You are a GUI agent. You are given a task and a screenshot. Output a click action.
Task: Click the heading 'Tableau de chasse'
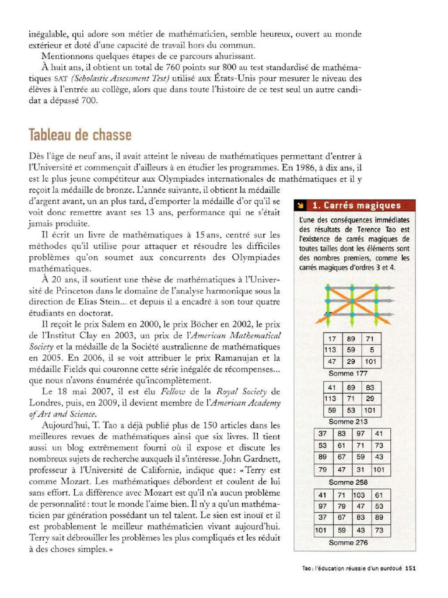[80, 135]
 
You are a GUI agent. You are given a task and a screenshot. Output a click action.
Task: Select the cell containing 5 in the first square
[372, 350]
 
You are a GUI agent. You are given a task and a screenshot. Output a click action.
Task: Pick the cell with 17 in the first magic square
[332, 339]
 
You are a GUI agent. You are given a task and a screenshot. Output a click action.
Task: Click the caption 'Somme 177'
[348, 373]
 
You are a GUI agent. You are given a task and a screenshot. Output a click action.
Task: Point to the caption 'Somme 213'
[348, 421]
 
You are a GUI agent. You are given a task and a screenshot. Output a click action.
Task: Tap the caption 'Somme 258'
[348, 482]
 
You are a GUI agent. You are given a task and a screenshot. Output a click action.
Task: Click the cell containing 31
[360, 470]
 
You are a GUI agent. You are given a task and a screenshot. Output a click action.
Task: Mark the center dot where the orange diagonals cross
[348, 302]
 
